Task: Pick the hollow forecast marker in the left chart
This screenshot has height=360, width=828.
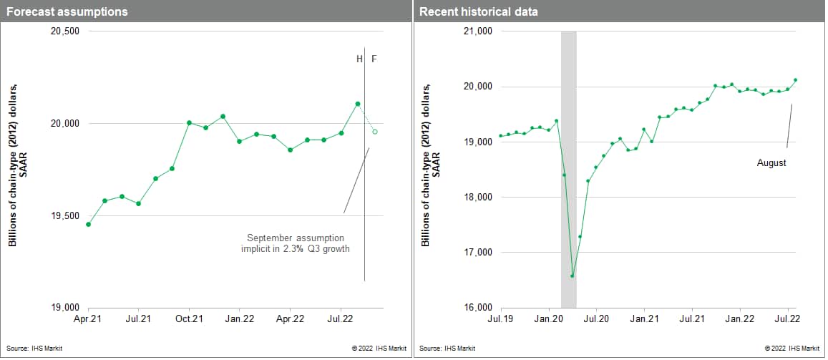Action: pos(375,132)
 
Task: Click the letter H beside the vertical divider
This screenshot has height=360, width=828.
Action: pos(359,59)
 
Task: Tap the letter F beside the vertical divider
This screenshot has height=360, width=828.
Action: pos(374,59)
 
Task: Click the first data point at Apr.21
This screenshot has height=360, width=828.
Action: pos(88,224)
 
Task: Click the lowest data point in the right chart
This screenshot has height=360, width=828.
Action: pos(572,276)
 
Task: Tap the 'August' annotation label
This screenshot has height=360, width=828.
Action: pos(771,163)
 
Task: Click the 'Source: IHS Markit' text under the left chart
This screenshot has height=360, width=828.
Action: pos(33,349)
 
